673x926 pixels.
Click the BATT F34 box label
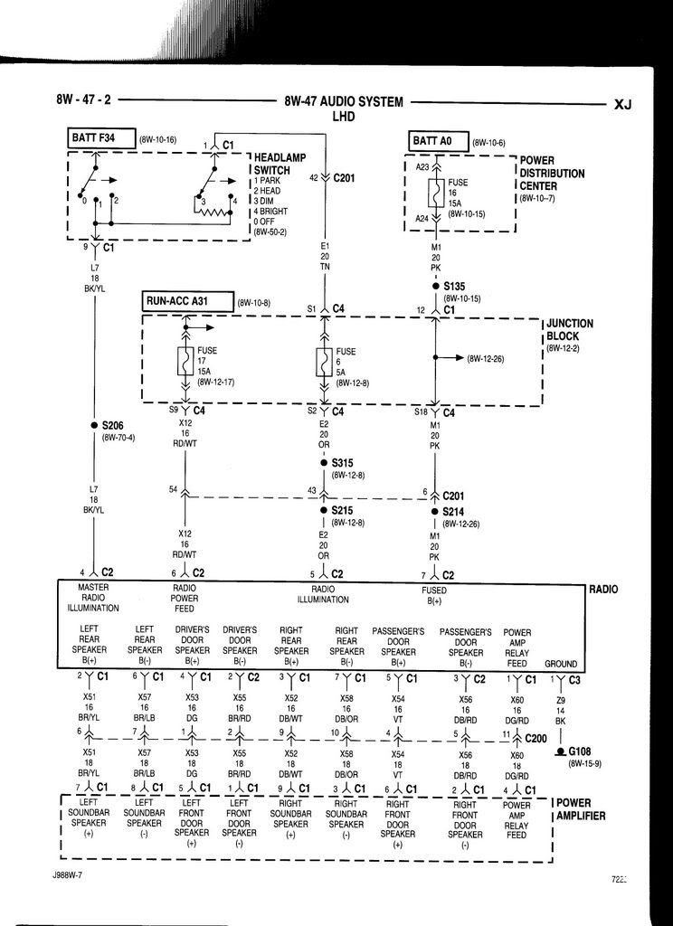pyautogui.click(x=101, y=139)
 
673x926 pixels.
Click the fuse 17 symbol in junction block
pyautogui.click(x=185, y=362)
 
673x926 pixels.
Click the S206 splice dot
pyautogui.click(x=94, y=425)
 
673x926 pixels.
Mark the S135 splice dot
pyautogui.click(x=435, y=287)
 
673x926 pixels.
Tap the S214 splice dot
pyautogui.click(x=435, y=511)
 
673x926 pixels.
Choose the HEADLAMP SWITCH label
pyautogui.click(x=271, y=164)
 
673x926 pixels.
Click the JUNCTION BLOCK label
pyautogui.click(x=569, y=329)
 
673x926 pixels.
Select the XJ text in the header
pyautogui.click(x=622, y=104)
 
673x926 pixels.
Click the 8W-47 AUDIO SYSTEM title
pyautogui.click(x=343, y=102)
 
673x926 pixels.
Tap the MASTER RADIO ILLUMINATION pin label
pyautogui.click(x=93, y=598)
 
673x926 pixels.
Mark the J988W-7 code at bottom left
pyautogui.click(x=71, y=876)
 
